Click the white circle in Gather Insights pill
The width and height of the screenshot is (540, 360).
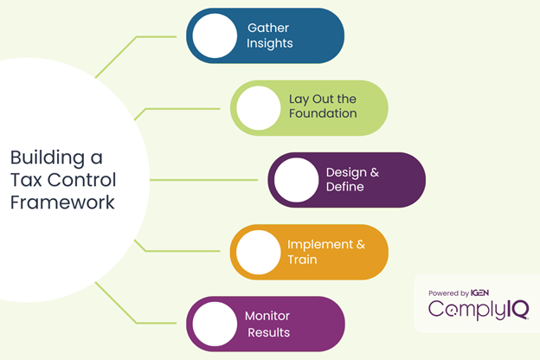coord(215,36)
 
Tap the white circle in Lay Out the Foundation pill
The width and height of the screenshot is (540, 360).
coord(258,108)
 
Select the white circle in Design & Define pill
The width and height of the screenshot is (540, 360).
coord(296,180)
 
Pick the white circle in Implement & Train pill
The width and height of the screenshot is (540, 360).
coord(258,253)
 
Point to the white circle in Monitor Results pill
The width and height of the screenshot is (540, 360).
coord(215,325)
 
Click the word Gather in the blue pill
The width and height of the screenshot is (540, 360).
coord(270,28)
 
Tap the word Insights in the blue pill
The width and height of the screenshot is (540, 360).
coord(270,43)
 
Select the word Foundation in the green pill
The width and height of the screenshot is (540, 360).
coord(323,114)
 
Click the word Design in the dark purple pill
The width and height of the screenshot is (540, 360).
coord(344,172)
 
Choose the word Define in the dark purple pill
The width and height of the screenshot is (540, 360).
coord(352,188)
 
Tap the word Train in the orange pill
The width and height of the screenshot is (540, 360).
coord(303,260)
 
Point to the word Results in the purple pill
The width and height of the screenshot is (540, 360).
coord(268,332)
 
